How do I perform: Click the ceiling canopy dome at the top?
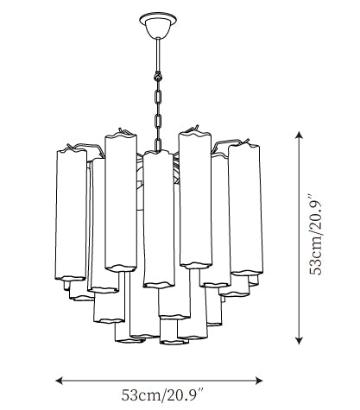point(158,28)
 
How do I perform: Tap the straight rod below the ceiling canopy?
point(158,54)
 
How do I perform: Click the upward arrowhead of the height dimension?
point(300,136)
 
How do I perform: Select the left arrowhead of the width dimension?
point(60,381)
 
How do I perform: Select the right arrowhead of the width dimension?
point(259,381)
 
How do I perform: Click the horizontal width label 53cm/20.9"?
point(162,395)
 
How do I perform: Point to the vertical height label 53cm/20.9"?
point(315,235)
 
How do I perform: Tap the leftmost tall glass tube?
point(71,214)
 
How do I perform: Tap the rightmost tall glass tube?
point(246,209)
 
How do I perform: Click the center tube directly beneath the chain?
point(159,219)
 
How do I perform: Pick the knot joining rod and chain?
point(158,76)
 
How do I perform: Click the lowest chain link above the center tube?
point(158,144)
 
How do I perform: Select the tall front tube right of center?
point(195,199)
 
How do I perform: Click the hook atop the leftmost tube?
point(70,147)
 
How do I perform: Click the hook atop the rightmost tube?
point(246,142)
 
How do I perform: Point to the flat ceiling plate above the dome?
point(158,19)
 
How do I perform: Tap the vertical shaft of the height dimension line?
point(300,238)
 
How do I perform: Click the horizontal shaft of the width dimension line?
point(159,381)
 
